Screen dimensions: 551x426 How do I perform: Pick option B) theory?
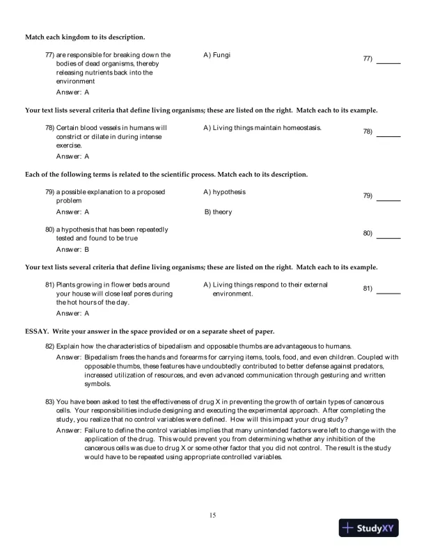[x=218, y=211]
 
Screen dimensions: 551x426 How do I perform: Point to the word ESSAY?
[x=37, y=330]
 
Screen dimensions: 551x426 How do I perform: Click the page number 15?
[x=213, y=515]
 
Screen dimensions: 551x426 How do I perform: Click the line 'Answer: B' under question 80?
[x=72, y=248]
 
